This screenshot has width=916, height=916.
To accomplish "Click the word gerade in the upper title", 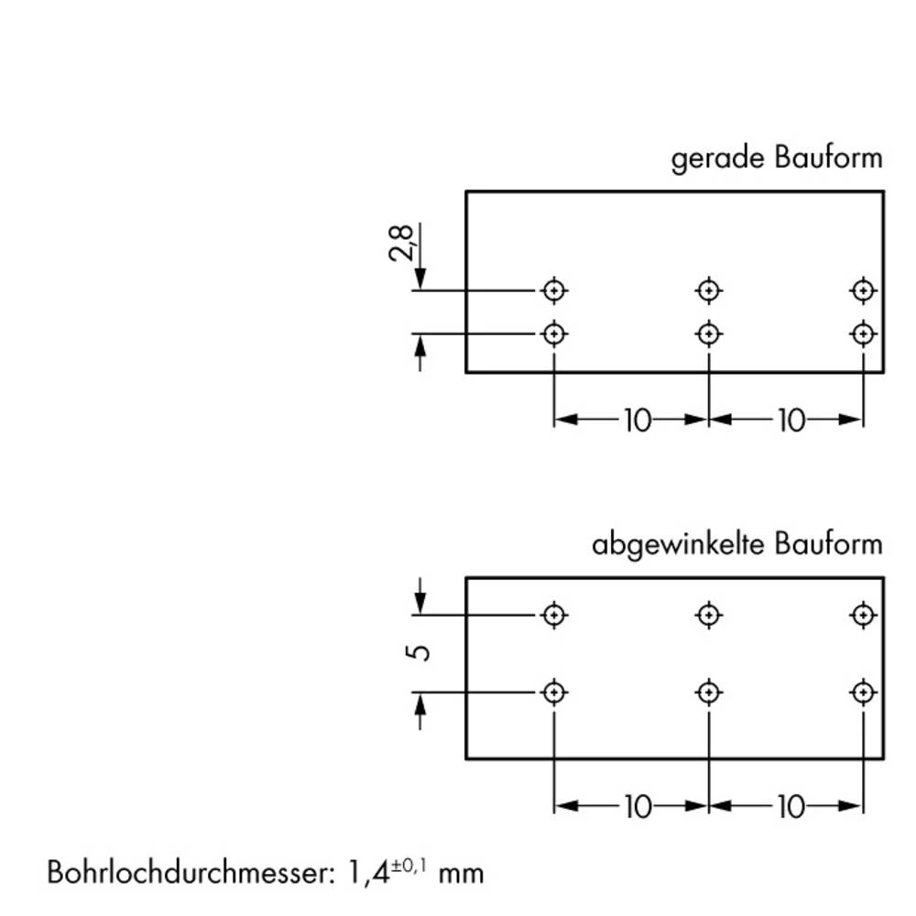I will [718, 159].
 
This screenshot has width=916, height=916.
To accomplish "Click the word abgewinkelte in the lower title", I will [679, 545].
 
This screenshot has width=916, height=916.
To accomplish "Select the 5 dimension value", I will [421, 652].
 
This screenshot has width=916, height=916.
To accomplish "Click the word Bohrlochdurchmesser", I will [184, 871].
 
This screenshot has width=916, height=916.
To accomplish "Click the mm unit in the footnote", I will [461, 873].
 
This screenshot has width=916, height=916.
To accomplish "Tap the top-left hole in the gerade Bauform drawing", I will [553, 290].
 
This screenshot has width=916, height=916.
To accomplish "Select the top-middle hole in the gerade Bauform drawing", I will [708, 290].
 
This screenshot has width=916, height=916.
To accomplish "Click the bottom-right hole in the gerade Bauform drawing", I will [862, 333].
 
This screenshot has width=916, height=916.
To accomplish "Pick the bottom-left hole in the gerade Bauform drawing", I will [553, 333].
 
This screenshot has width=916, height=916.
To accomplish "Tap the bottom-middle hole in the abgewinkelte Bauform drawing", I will [708, 692].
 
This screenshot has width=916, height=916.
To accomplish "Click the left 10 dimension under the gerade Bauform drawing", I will [637, 420].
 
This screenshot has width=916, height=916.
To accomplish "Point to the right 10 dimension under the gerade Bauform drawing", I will [791, 420].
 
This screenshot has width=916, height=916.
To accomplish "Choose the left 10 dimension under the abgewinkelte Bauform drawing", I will [637, 807].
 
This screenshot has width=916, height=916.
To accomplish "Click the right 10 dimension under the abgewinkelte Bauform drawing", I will [791, 807].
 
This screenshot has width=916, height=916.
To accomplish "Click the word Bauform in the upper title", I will [828, 159].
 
